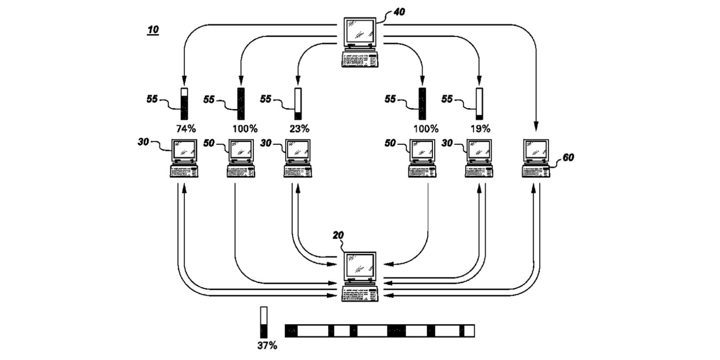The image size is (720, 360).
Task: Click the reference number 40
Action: coord(399,12)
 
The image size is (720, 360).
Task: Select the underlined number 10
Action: coord(153,29)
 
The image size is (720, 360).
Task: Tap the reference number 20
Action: coord(338,235)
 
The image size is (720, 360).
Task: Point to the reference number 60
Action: coord(568,157)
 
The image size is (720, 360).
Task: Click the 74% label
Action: coord(186,129)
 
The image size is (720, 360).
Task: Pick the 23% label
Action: coord(299,129)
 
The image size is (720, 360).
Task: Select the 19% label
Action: coord(481,129)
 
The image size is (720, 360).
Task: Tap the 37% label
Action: coord(267,346)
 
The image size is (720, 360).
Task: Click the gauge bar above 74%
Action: coord(184,104)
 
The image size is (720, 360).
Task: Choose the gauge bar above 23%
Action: coord(298,104)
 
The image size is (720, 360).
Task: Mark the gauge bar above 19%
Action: coord(479,104)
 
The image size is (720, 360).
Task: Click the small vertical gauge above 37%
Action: coord(264,322)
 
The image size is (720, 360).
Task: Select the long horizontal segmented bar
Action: coord(379,331)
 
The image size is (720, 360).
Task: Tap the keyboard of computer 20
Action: coord(360,294)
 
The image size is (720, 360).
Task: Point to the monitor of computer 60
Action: coord(536,151)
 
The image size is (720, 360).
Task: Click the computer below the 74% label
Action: coord(184,158)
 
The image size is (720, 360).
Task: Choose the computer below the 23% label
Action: coord(298,158)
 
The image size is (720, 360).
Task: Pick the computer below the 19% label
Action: coord(479,158)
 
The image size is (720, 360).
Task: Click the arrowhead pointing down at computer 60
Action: coord(536,127)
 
